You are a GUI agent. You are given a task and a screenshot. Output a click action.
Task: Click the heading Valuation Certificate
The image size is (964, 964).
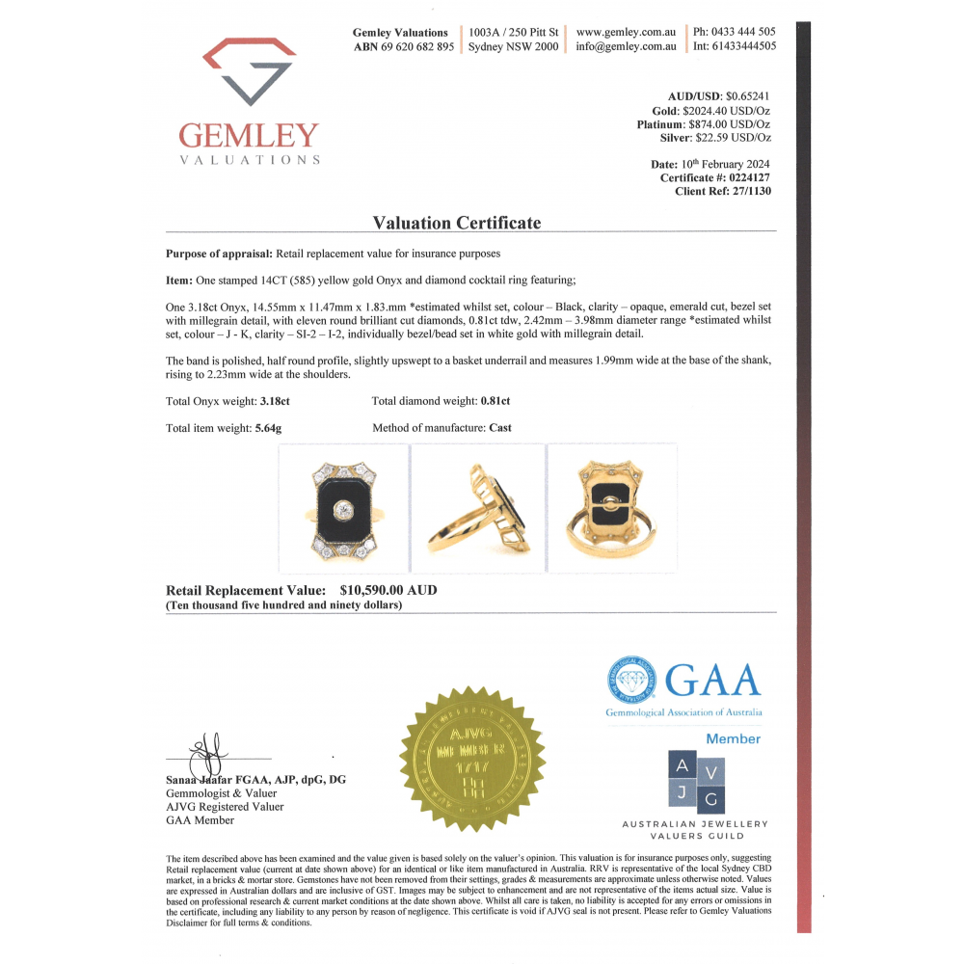[457, 223]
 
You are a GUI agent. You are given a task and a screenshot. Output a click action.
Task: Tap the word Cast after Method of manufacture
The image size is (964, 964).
[500, 427]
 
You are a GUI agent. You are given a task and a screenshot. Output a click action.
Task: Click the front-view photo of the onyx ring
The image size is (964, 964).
[342, 509]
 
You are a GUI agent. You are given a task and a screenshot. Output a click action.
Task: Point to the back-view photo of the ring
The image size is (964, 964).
[612, 509]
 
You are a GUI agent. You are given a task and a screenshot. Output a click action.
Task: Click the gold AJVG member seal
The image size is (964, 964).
[473, 759]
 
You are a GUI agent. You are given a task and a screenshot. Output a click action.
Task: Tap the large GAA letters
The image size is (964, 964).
[712, 681]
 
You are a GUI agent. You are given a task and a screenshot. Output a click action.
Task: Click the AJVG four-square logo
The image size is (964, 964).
[696, 782]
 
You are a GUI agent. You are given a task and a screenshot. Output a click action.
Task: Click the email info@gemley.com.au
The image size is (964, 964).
[626, 46]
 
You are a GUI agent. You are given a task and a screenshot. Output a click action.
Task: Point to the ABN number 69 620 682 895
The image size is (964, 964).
[417, 46]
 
